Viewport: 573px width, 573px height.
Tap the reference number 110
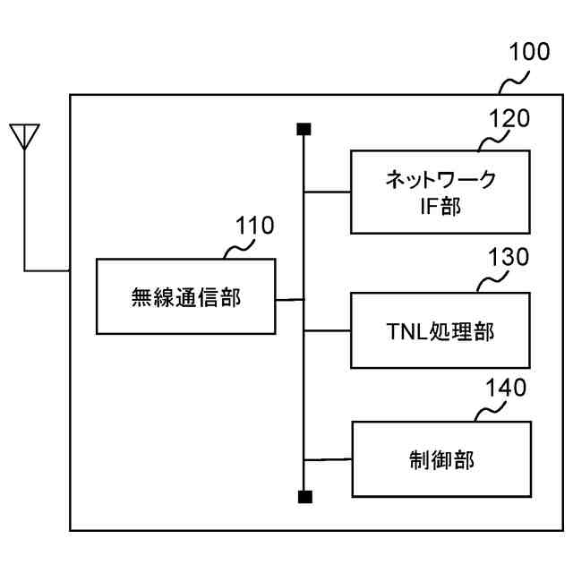pyautogui.click(x=254, y=226)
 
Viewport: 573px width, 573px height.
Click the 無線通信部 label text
pyautogui.click(x=185, y=297)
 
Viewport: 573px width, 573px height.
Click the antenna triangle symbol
pyautogui.click(x=25, y=137)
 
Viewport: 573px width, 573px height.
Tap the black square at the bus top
pyautogui.click(x=304, y=131)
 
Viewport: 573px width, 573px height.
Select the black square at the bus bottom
pyautogui.click(x=304, y=496)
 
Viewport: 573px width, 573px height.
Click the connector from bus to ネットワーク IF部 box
pyautogui.click(x=327, y=192)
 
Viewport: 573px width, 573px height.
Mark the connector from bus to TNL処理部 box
pyautogui.click(x=327, y=330)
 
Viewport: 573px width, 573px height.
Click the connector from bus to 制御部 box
pyautogui.click(x=327, y=460)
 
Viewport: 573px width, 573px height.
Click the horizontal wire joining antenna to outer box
pyautogui.click(x=47, y=269)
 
